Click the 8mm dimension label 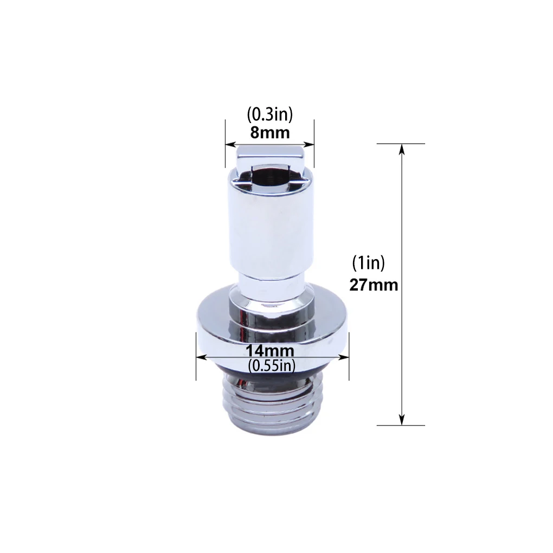270,133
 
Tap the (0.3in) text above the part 270,114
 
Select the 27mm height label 374,285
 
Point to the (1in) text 369,263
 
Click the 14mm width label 270,351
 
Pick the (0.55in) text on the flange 271,366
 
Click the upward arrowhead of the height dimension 401,149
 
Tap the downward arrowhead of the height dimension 401,420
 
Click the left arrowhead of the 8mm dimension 230,144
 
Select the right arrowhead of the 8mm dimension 309,144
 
